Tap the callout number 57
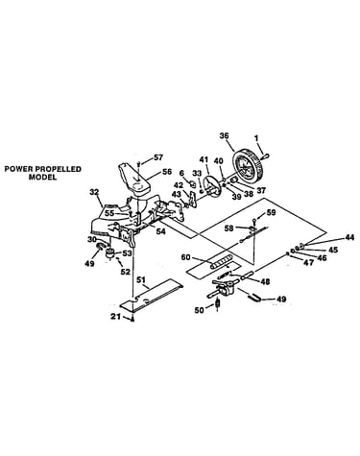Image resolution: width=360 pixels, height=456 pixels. point(158,157)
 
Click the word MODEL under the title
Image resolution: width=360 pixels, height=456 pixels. point(42,177)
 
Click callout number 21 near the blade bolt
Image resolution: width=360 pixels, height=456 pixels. point(116,317)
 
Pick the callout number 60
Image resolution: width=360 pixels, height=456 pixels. point(186,257)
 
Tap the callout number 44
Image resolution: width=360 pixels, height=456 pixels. point(348,238)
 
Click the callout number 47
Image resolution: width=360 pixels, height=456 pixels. point(308,263)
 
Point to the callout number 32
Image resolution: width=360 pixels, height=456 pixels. point(94,192)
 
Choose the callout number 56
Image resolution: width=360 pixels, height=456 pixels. point(167,171)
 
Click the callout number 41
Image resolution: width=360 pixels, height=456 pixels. point(204,159)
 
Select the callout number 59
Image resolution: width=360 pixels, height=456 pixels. point(271,212)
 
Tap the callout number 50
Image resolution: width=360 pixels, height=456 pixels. point(200,310)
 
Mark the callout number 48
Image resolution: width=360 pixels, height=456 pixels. point(265,281)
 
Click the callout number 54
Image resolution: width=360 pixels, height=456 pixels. point(160,231)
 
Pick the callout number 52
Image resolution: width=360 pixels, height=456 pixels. point(125,272)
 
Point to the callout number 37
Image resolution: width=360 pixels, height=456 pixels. point(260,191)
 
